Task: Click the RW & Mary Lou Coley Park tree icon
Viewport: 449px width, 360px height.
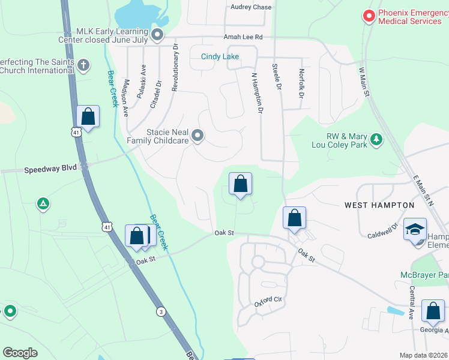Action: point(376,139)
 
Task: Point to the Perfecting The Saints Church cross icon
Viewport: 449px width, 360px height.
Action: point(83,65)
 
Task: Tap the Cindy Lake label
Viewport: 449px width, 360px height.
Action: point(220,57)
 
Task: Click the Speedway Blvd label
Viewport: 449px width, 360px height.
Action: point(50,169)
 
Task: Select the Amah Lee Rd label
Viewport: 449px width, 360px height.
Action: point(243,37)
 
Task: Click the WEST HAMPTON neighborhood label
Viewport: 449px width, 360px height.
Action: point(379,205)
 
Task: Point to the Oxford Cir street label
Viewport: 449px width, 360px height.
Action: point(268,299)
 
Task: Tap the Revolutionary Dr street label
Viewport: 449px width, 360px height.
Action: point(175,67)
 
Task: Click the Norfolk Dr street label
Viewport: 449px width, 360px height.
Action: point(301,83)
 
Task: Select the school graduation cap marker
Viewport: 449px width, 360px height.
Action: point(415,230)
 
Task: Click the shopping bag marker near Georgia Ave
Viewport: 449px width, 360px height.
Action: point(433,311)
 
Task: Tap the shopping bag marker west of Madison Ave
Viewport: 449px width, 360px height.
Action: point(88,116)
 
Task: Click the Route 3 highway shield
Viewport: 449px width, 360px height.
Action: point(161,311)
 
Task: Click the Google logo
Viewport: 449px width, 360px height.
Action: point(20,353)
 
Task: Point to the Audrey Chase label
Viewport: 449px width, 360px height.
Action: point(251,7)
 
